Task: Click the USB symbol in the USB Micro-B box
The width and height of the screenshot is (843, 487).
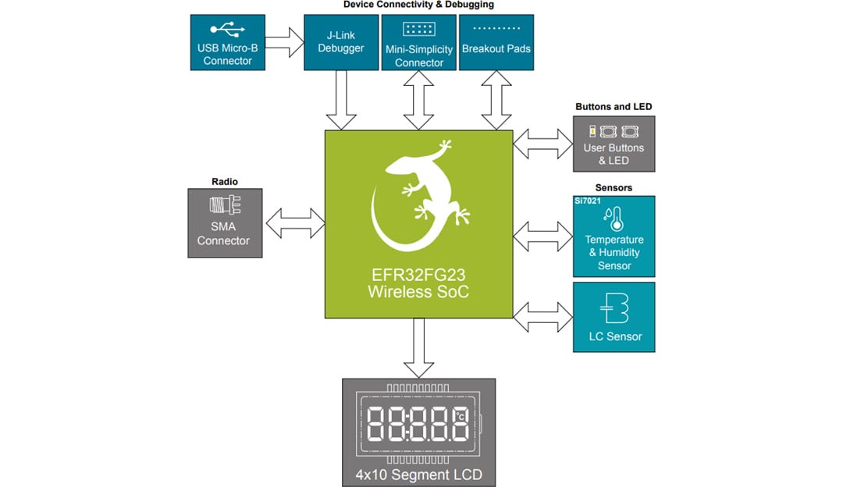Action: (x=227, y=31)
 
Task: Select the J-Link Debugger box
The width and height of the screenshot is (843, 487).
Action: (x=340, y=42)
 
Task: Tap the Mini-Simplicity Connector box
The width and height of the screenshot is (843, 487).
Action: (x=418, y=42)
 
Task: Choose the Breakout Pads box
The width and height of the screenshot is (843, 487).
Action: (x=496, y=42)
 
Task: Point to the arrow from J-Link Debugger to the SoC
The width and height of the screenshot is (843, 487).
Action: (x=341, y=100)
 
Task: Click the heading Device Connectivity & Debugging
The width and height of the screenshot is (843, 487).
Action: (x=418, y=5)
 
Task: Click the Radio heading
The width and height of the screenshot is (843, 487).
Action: (x=225, y=182)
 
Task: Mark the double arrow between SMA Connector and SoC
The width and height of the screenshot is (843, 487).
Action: (x=294, y=222)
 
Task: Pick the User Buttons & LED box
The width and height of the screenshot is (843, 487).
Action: (x=614, y=144)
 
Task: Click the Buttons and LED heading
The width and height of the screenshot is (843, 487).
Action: (x=614, y=107)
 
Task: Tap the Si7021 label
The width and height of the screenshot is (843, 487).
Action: (x=588, y=201)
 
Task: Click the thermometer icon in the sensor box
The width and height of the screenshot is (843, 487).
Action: (x=614, y=218)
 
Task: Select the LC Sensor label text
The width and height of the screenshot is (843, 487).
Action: (x=615, y=336)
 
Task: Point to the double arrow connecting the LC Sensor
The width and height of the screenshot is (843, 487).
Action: (x=543, y=316)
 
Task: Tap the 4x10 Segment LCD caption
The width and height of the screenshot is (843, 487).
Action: (x=419, y=475)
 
